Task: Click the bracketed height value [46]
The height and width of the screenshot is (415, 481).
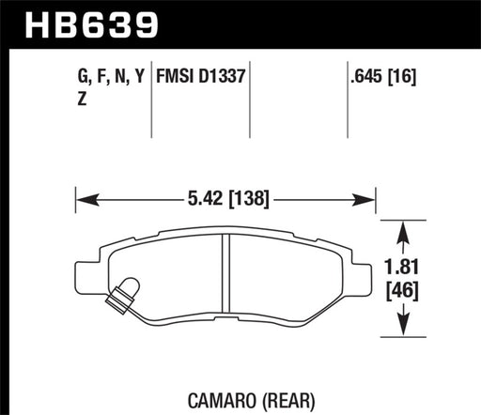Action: [x=403, y=290]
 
